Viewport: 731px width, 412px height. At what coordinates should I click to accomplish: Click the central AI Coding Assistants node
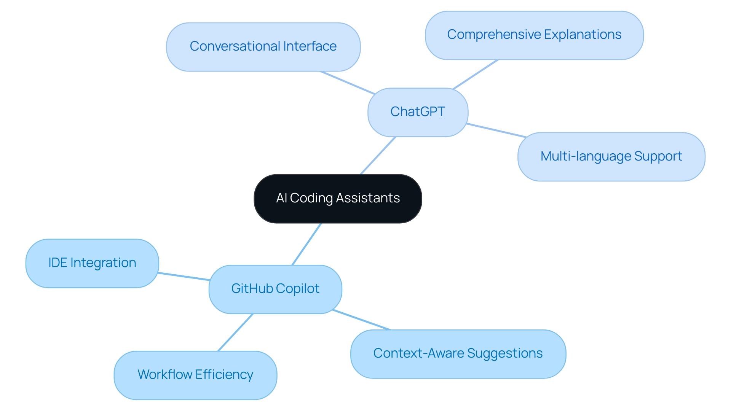click(338, 199)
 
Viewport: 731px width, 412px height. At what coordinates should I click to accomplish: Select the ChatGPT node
click(418, 112)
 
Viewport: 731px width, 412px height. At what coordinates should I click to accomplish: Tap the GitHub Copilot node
click(275, 289)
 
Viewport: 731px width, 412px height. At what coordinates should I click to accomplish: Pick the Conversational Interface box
click(263, 47)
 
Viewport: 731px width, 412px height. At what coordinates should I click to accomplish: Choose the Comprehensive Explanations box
click(534, 35)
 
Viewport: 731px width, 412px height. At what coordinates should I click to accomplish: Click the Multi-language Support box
click(611, 157)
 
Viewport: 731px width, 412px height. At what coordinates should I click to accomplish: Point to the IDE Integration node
click(92, 263)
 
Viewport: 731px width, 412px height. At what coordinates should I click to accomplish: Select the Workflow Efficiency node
click(195, 375)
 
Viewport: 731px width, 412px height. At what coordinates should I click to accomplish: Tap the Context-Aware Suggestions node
click(458, 354)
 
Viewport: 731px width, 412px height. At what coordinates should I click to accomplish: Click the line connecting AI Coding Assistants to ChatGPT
click(378, 156)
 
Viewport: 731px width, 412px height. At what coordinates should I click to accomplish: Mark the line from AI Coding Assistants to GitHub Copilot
click(307, 244)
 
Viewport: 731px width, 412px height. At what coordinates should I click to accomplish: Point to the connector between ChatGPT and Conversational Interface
click(348, 82)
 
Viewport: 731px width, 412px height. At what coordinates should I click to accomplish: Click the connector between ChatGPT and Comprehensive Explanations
click(476, 74)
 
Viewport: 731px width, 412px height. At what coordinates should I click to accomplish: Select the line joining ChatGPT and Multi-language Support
click(496, 130)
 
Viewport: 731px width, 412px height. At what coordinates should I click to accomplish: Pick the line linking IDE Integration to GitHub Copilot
click(184, 276)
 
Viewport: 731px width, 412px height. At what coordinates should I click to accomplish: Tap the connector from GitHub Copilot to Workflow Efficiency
click(235, 332)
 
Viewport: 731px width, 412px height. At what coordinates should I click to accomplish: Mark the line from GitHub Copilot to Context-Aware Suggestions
click(362, 320)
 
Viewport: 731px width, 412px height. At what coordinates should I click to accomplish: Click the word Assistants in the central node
click(368, 198)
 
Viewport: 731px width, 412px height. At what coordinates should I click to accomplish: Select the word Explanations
click(583, 35)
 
